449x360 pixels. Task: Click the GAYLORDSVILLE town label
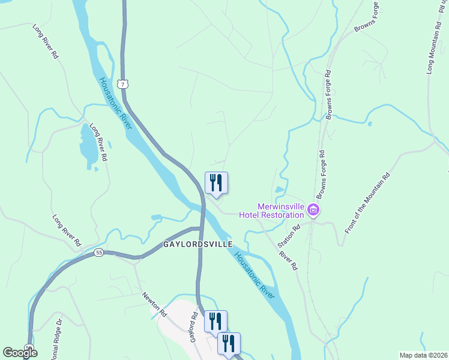(198, 245)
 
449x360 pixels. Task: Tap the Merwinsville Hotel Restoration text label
(271, 211)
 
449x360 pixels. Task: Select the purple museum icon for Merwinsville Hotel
(313, 211)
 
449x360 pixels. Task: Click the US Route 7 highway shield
(122, 84)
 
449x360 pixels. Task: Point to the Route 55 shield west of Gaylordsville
(98, 253)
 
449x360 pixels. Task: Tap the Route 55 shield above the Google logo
(29, 347)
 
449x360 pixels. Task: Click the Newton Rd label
(154, 305)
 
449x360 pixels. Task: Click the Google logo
(20, 353)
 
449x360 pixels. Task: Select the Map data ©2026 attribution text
(423, 355)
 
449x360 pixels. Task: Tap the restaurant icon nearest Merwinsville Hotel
(216, 182)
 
